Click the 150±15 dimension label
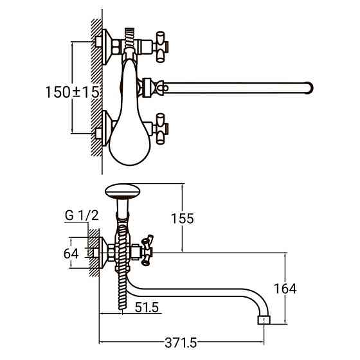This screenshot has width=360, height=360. pos(73,92)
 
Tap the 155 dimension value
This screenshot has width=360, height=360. pos(183,219)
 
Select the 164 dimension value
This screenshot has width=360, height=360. pos(285,289)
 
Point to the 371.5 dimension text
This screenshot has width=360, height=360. pos(181,343)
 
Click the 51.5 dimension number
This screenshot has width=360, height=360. pos(147,307)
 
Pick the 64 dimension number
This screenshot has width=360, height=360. pos(71,254)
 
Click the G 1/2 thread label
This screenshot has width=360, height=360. pos(82,215)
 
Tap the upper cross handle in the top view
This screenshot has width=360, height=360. pos(161,47)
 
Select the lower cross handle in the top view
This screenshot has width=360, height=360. pos(161,129)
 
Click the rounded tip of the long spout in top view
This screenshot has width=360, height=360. pos(310,88)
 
